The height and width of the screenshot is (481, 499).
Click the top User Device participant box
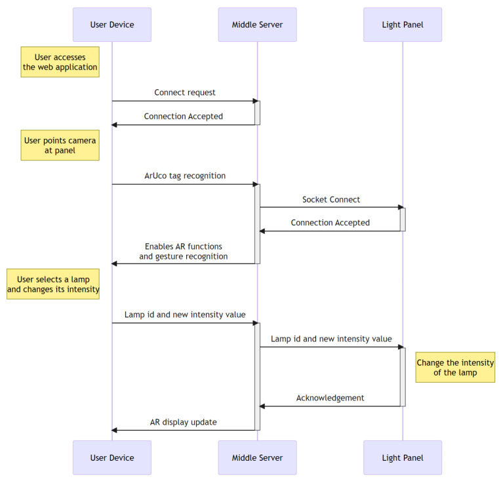point(112,25)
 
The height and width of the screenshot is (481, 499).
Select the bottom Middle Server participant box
point(258,457)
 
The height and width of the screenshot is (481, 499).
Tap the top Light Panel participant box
point(403,25)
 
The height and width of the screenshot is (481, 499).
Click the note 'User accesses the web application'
point(60,62)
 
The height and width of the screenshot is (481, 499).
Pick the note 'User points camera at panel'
point(60,145)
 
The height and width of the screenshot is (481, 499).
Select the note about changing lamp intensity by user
point(53,284)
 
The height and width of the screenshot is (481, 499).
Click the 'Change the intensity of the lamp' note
point(456,368)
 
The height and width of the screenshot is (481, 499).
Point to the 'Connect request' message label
point(185,92)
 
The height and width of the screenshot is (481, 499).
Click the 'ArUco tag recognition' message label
point(185,176)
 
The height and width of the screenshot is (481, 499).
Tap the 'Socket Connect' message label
point(331,199)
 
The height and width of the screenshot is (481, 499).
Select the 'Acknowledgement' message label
point(330,398)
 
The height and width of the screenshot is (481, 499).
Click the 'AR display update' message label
point(184,422)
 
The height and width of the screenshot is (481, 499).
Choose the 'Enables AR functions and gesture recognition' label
point(184,252)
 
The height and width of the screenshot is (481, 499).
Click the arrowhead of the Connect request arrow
point(256,101)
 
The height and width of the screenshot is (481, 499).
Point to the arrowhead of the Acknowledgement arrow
point(262,406)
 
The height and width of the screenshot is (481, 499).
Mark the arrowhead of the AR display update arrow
point(114,431)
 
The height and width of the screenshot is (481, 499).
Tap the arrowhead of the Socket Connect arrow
point(401,208)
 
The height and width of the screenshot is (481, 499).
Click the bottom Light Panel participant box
point(403,457)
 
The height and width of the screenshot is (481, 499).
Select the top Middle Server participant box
point(258,25)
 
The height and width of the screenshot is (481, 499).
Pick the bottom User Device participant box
point(112,457)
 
